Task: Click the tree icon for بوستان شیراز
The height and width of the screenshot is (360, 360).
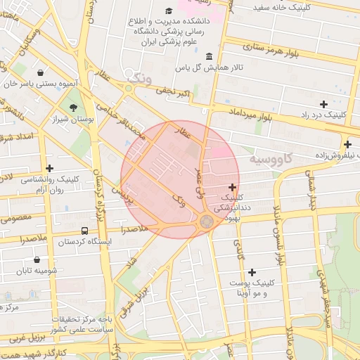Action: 73,107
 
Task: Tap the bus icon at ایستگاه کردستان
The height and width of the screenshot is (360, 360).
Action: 85,231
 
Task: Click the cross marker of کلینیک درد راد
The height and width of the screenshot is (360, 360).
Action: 323,103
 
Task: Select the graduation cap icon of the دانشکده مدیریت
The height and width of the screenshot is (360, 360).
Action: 169,11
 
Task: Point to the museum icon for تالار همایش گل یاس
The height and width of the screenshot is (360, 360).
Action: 209,56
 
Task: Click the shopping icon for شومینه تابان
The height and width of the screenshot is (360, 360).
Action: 36,259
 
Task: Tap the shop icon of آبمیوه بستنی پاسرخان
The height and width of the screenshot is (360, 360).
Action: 41,72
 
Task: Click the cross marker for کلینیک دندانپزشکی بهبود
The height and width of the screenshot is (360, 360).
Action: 233,187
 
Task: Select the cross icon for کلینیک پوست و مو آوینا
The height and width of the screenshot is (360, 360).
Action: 252,271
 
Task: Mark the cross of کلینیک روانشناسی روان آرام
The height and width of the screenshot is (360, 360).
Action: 49,168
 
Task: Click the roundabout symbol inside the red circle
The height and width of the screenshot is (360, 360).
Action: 206,221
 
